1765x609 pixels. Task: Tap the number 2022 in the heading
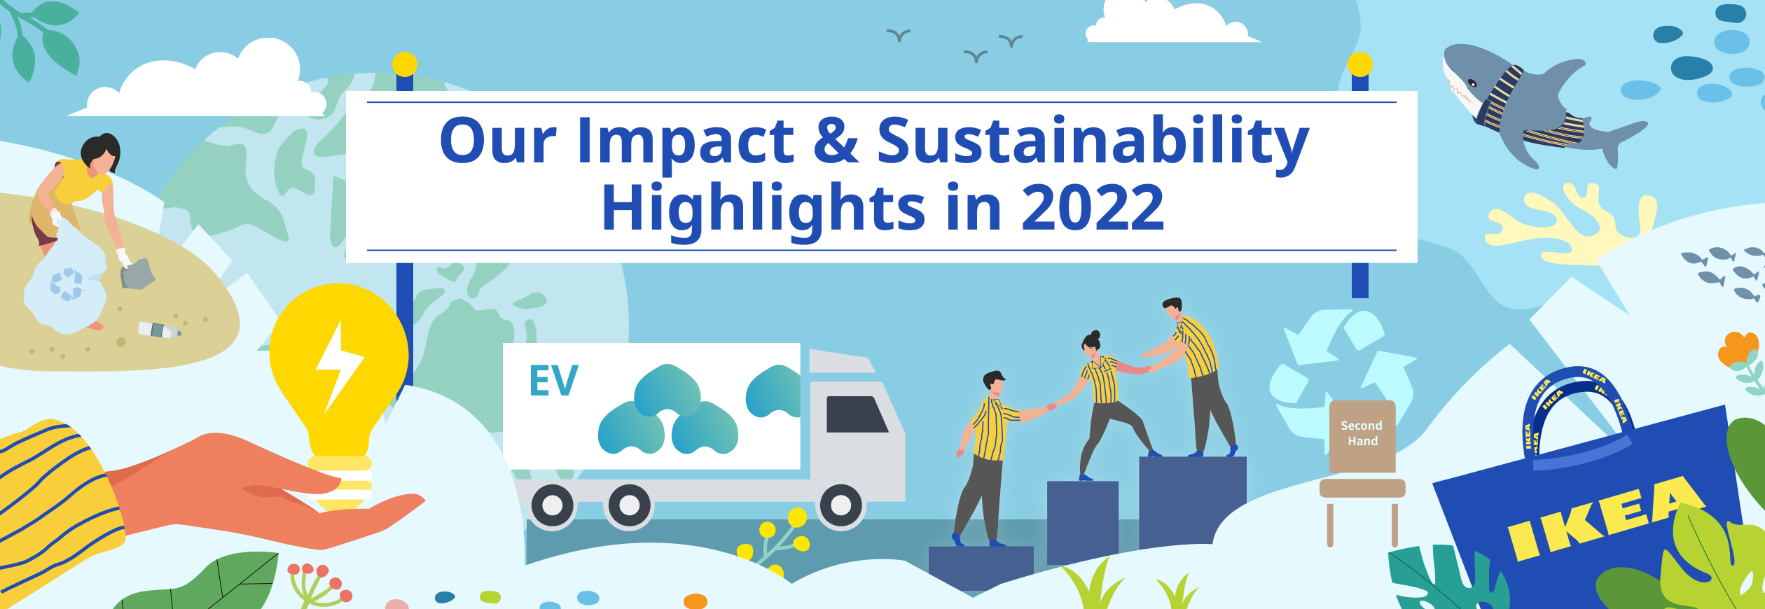point(1093,207)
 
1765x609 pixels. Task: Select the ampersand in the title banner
point(836,141)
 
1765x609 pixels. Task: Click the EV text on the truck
point(553,381)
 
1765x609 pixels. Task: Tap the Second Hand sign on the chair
point(1362,434)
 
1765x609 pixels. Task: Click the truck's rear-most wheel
point(553,505)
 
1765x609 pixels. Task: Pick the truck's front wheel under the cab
point(841,505)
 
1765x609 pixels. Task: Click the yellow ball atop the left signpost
point(405,64)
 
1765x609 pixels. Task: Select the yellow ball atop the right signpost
point(1360,64)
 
